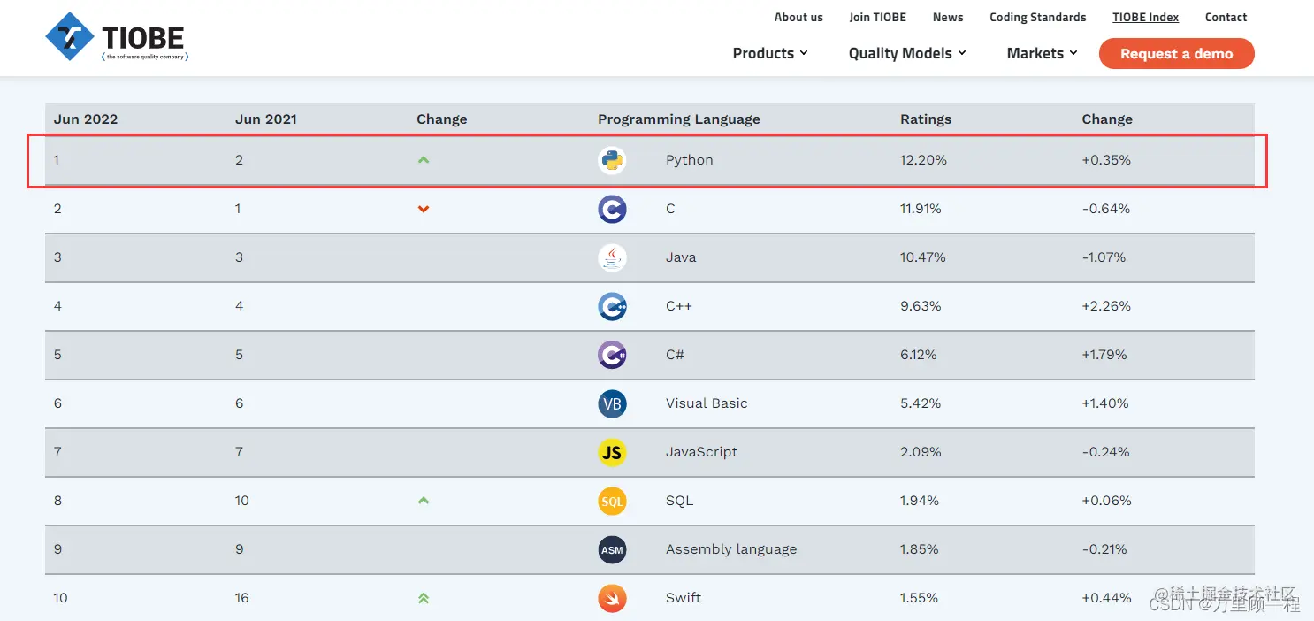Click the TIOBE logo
(117, 38)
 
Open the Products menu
(770, 53)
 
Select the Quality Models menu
(907, 53)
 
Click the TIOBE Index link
(1145, 17)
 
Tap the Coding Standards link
(1037, 17)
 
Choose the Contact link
(1226, 17)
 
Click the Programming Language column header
(678, 119)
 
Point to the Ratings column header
(925, 119)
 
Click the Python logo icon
(612, 160)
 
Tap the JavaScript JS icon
(612, 452)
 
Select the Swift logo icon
(612, 598)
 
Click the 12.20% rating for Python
(923, 160)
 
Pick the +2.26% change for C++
(1105, 306)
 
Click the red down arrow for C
(424, 209)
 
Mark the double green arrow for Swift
(424, 598)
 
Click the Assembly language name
(730, 549)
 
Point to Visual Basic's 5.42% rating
(920, 403)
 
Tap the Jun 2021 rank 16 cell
(242, 598)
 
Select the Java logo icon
(612, 257)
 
